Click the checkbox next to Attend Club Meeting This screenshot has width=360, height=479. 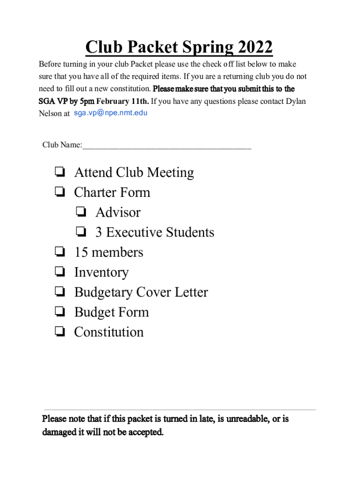(x=59, y=173)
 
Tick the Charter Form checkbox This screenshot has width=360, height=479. (x=59, y=192)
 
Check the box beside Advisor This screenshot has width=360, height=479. (x=81, y=212)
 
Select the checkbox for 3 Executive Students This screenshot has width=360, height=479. (x=81, y=232)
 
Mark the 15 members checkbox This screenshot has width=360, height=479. (x=59, y=253)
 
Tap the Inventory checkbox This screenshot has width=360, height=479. (x=59, y=272)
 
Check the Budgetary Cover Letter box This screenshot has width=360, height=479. (x=59, y=292)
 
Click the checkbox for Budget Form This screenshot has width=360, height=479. (x=59, y=312)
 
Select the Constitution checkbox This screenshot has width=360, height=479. (x=59, y=332)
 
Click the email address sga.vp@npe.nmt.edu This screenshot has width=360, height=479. (x=111, y=113)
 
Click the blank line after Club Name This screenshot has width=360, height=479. (x=166, y=145)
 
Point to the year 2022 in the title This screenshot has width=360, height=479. (x=255, y=48)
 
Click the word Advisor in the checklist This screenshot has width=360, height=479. (x=118, y=212)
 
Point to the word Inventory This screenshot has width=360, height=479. (x=101, y=273)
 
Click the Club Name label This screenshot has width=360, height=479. (x=62, y=145)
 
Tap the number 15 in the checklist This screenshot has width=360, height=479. (x=81, y=253)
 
